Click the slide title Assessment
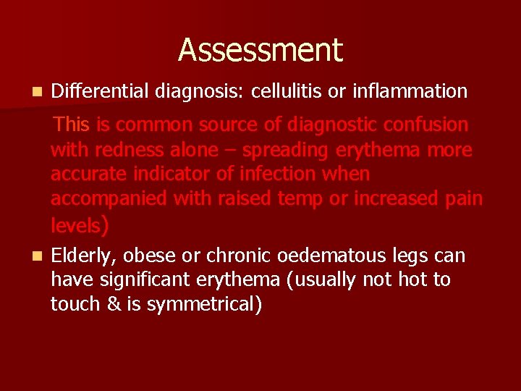[260, 50]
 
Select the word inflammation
[410, 91]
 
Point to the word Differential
[99, 91]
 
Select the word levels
[75, 225]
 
